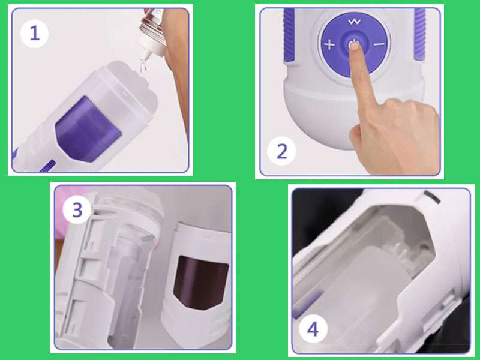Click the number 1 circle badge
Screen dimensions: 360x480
click(34, 33)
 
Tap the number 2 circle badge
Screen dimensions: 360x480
click(281, 150)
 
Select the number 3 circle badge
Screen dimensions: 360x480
click(77, 211)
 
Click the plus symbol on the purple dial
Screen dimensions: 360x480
click(329, 44)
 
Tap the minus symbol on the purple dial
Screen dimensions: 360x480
click(379, 44)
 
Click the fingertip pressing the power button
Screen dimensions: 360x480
click(355, 48)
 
